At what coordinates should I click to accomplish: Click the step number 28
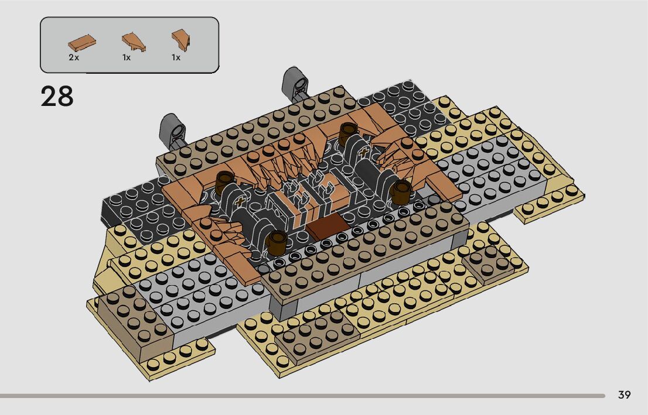click(x=57, y=97)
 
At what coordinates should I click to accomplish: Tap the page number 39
click(x=624, y=395)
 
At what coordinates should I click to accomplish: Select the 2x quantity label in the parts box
click(x=74, y=57)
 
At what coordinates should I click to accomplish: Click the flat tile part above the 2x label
click(x=82, y=42)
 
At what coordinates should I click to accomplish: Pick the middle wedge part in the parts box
click(x=134, y=42)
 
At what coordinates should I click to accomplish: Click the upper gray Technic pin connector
click(x=295, y=83)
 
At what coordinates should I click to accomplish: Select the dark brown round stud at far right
click(x=400, y=191)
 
